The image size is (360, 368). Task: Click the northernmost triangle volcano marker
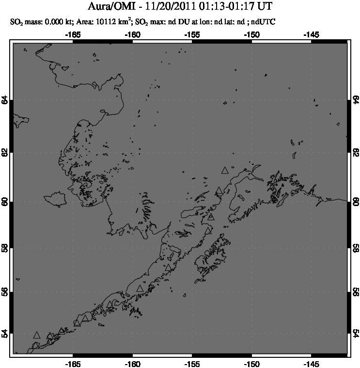tap(224, 170)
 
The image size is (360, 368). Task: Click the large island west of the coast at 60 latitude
tap(54, 199)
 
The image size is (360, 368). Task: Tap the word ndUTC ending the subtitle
tap(262, 22)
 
